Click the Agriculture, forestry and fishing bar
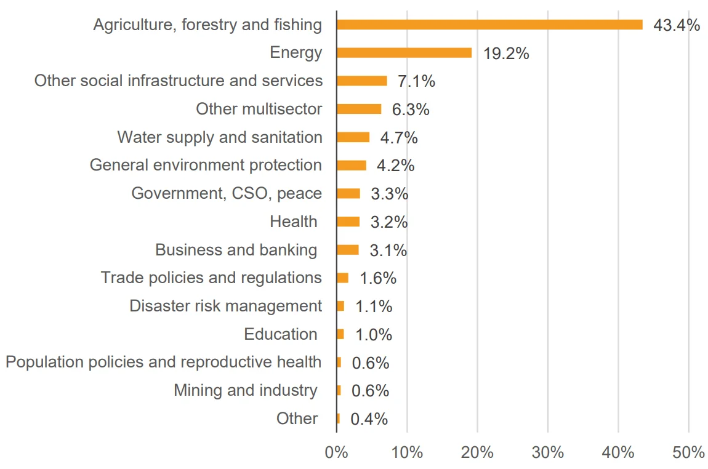point(489,25)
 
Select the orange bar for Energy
point(404,53)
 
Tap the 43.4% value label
point(677,25)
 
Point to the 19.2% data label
point(506,54)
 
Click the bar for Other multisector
point(359,109)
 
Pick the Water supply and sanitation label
point(220,137)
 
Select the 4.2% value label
point(395,166)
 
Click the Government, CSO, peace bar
point(348,194)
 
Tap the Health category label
point(294,222)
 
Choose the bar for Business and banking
point(348,250)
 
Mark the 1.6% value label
point(378,278)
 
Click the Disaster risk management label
point(226,306)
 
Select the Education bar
point(340,334)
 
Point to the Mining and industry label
point(246,390)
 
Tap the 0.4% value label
point(369,419)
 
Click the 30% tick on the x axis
point(548,452)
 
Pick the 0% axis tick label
point(336,452)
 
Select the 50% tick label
point(688,452)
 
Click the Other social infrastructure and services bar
point(362,81)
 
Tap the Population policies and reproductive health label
point(163,362)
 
